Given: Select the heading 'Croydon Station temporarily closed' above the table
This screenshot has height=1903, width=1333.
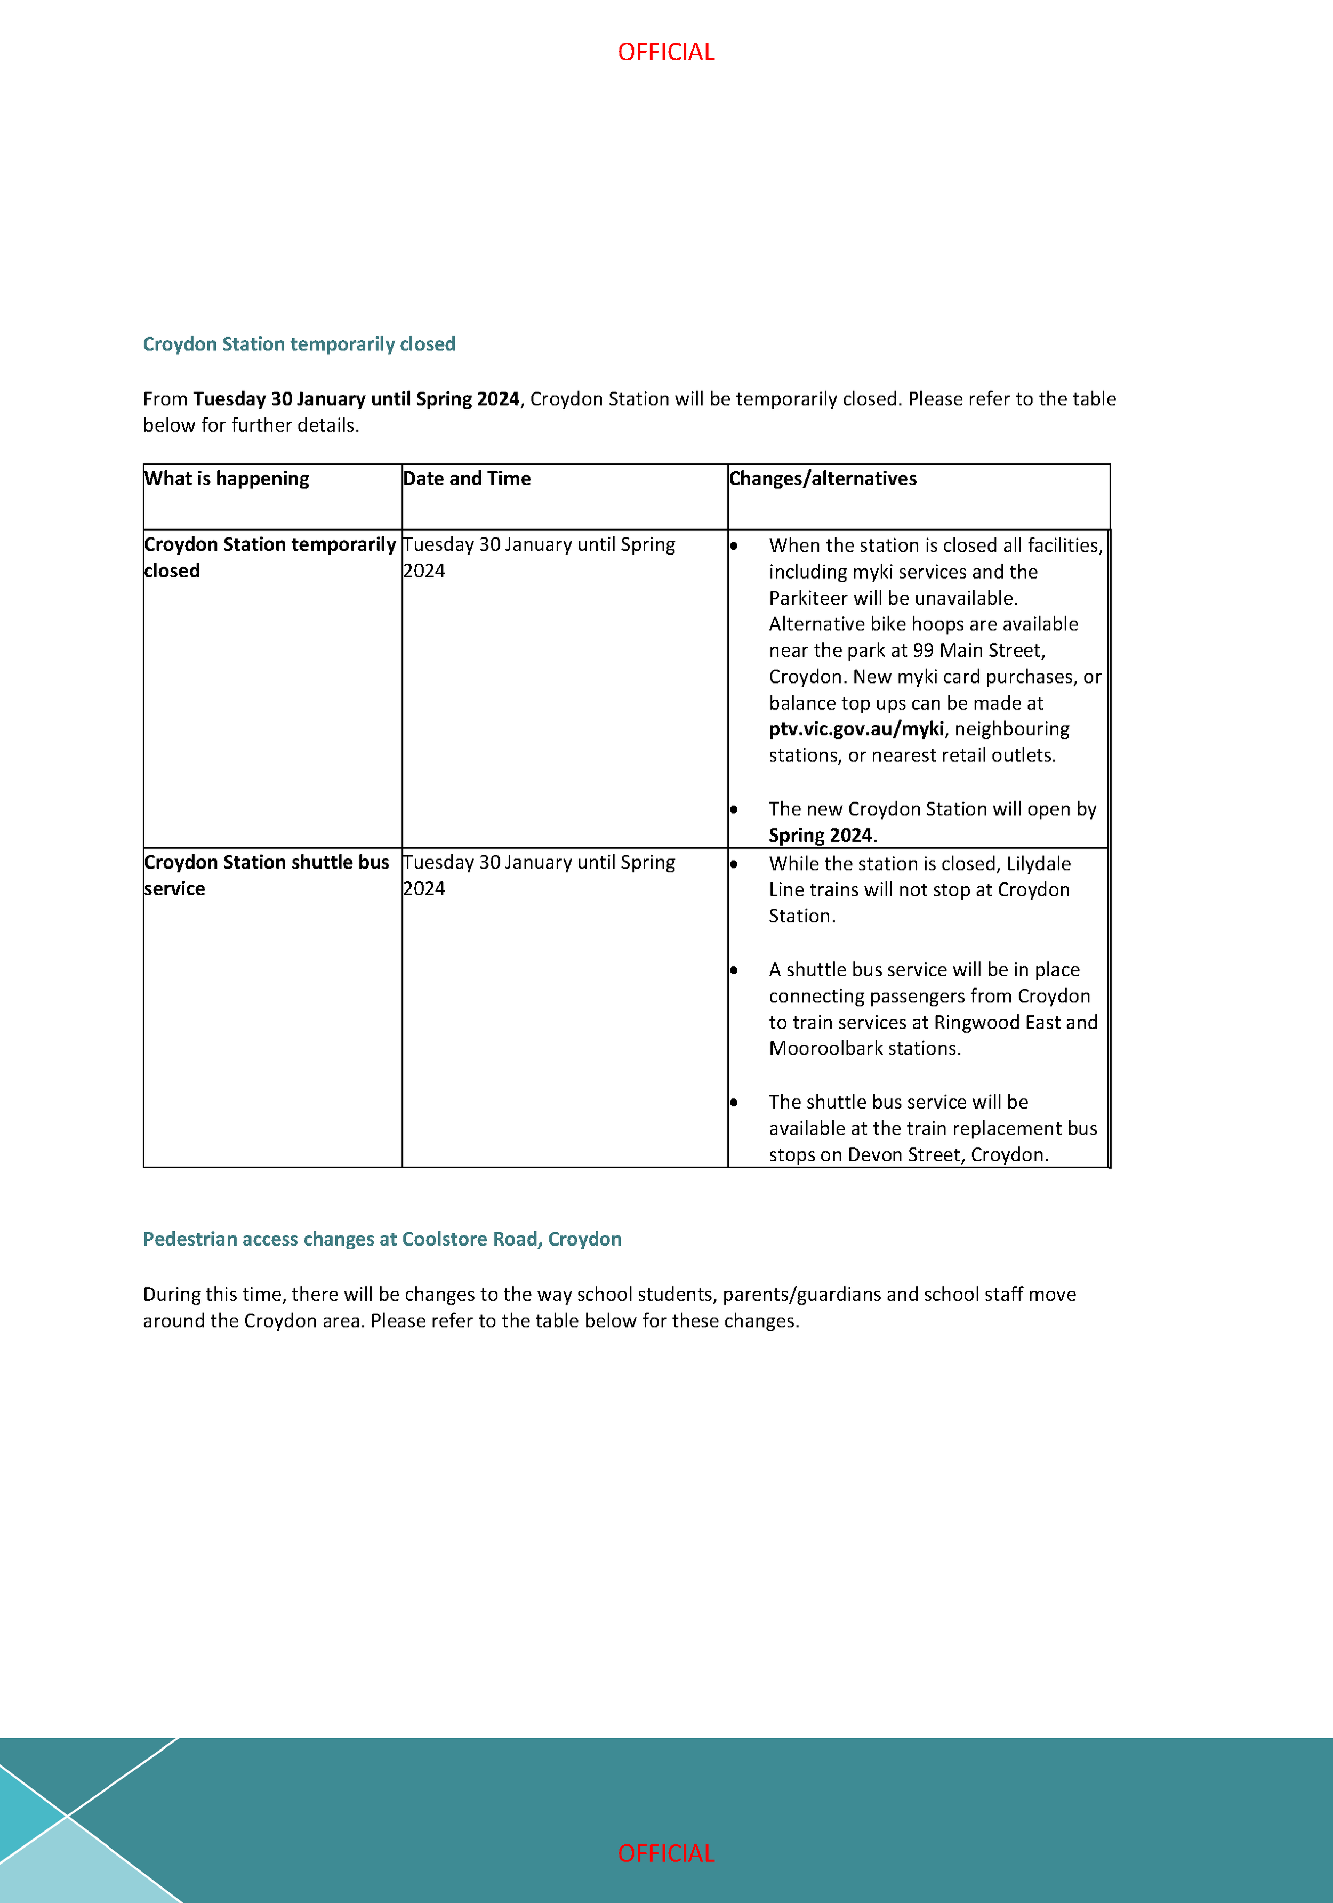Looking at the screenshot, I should (299, 344).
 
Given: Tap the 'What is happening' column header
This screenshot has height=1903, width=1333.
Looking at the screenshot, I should (226, 478).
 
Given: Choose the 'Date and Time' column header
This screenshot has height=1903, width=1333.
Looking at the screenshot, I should (467, 478).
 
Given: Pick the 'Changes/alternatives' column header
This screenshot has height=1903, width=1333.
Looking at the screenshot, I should (822, 478).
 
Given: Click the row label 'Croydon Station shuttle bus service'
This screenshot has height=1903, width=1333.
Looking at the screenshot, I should (266, 874).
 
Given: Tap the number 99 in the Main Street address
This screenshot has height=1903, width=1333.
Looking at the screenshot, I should (922, 650).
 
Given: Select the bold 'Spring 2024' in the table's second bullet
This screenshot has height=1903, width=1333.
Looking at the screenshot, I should (820, 834).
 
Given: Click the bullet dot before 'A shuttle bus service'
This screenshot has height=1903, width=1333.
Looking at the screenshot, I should (734, 970).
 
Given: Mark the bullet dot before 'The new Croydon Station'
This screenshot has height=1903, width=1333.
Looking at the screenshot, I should (734, 809).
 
